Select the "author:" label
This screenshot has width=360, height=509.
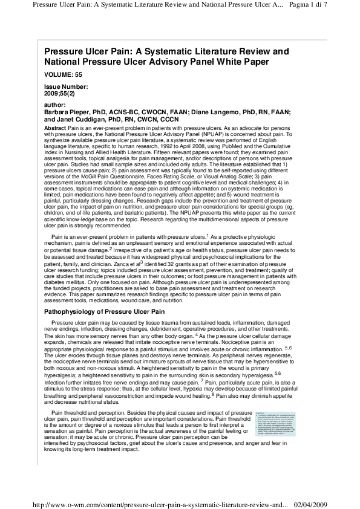[x=55, y=105]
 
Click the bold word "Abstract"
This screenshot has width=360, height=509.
[x=56, y=129]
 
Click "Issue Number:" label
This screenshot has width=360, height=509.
[x=66, y=87]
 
